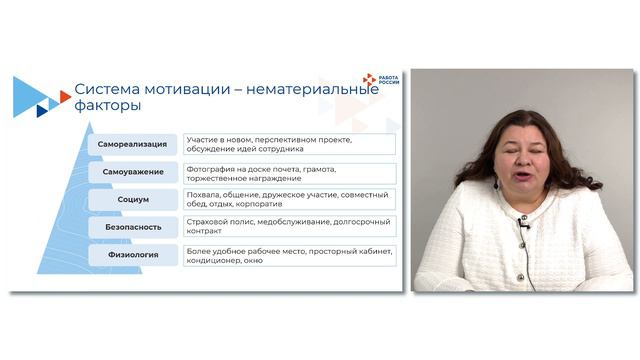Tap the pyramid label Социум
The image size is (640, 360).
click(x=133, y=199)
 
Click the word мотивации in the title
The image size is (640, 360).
click(x=196, y=89)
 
